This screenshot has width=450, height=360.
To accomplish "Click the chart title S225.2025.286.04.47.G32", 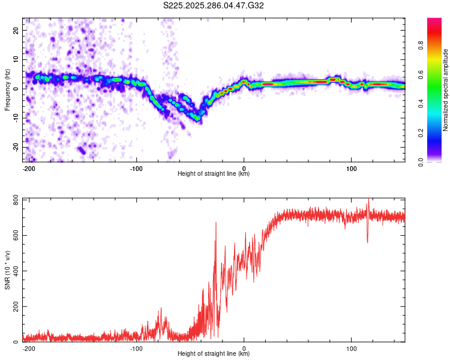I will (x=214, y=6).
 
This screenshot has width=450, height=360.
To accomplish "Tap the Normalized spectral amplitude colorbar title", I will (x=445, y=91).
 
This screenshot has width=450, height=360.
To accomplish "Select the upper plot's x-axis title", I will (x=214, y=174).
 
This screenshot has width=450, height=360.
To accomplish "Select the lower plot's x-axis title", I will (x=214, y=354).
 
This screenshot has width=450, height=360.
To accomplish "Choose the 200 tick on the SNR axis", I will (x=15, y=307).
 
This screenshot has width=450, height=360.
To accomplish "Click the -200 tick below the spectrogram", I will (x=28, y=168).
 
